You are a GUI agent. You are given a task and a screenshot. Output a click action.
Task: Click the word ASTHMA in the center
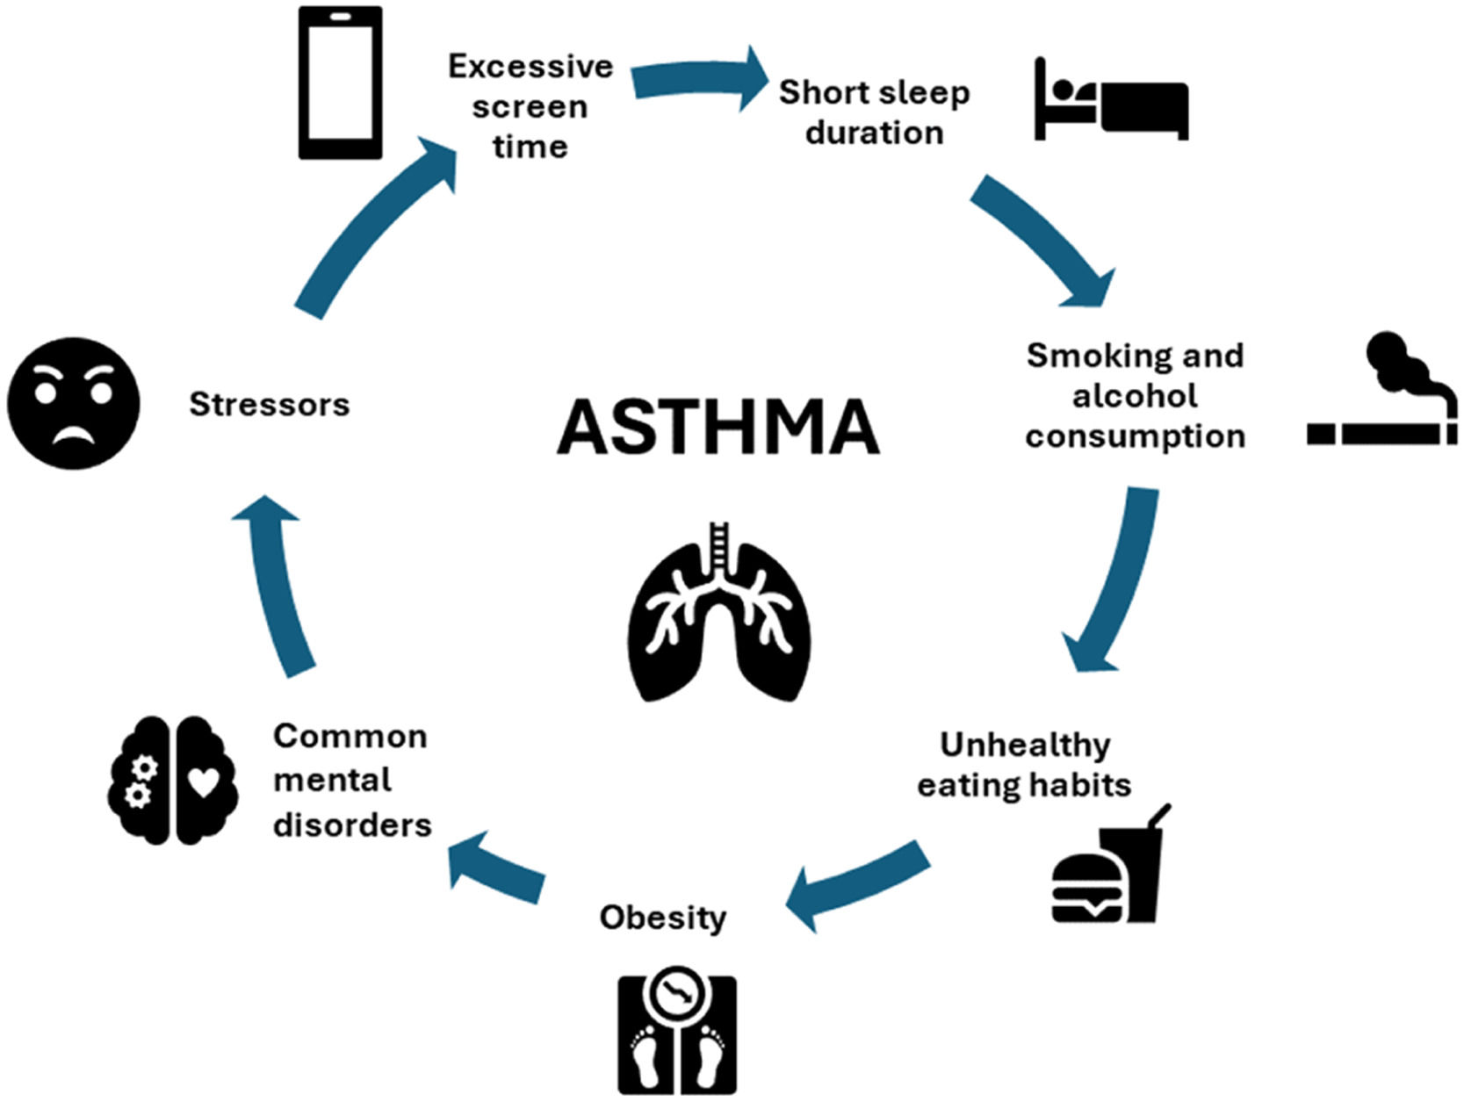pyautogui.click(x=718, y=427)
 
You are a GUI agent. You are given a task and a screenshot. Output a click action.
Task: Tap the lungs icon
pyautogui.click(x=720, y=615)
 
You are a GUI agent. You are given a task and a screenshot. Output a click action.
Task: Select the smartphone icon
pyautogui.click(x=340, y=83)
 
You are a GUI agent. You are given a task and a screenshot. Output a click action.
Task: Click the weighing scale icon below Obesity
pyautogui.click(x=676, y=1034)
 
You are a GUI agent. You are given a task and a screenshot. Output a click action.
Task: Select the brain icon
pyautogui.click(x=173, y=780)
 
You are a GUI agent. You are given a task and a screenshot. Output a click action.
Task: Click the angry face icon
pyautogui.click(x=74, y=403)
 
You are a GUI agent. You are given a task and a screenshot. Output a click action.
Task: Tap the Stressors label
pyautogui.click(x=270, y=405)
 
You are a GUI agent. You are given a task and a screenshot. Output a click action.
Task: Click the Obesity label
pyautogui.click(x=663, y=918)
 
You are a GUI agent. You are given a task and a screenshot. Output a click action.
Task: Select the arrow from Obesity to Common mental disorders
pyautogui.click(x=496, y=869)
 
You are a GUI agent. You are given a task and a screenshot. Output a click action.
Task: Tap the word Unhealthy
pyautogui.click(x=1025, y=745)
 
